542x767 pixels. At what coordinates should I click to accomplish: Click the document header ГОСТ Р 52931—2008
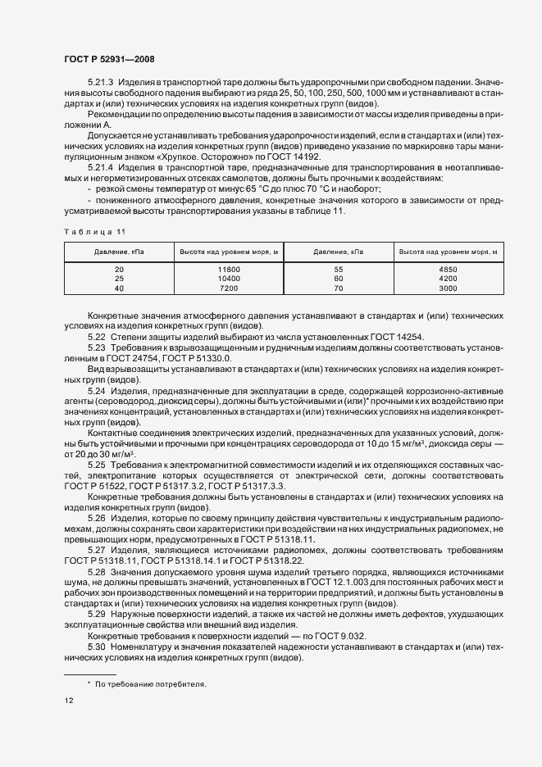109,60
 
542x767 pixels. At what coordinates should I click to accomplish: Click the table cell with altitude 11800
228,269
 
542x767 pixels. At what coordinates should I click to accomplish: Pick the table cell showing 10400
228,279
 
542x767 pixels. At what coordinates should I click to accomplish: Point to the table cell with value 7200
228,288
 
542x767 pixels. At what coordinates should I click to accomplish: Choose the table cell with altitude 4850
449,269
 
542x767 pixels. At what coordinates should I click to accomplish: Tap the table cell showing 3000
449,288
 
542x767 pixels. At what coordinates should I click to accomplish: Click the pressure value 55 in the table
339,269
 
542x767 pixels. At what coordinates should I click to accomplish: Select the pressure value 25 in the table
119,279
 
